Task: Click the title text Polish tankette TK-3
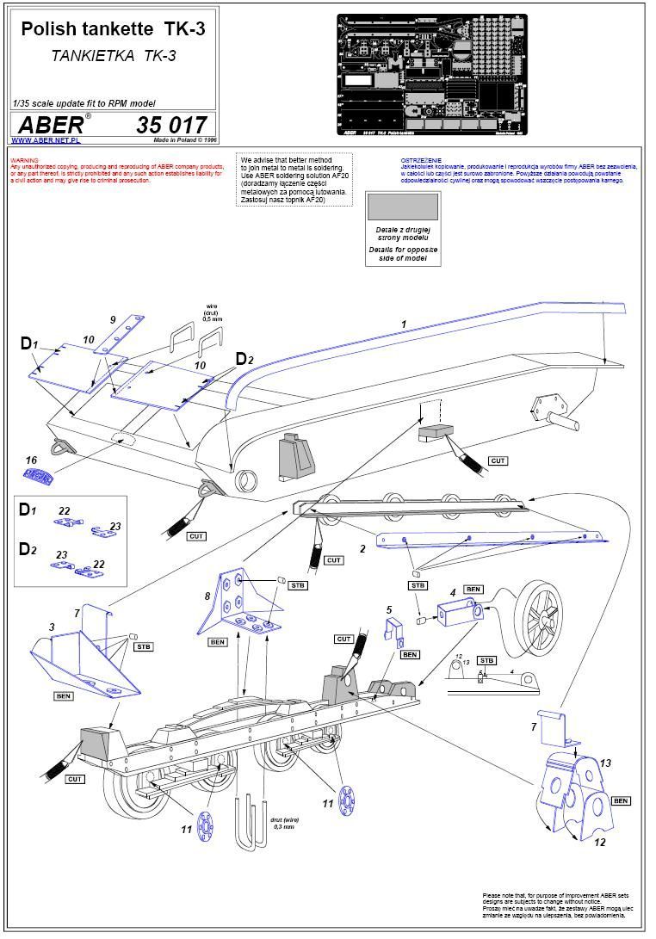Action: coord(113,29)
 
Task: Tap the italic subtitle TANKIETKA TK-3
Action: coord(113,54)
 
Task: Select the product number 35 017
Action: coord(171,125)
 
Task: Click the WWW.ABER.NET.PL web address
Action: coord(46,139)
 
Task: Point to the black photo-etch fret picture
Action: coord(431,75)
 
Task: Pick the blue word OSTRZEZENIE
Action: coord(421,161)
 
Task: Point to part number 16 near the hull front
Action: coord(31,460)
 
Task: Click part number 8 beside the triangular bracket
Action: coord(207,595)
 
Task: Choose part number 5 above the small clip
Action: coord(389,610)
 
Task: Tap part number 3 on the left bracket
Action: coord(53,627)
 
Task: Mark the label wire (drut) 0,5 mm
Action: coord(214,311)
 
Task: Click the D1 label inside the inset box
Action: coord(28,510)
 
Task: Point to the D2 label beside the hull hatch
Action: coord(244,359)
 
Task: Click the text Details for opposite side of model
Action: coord(403,253)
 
